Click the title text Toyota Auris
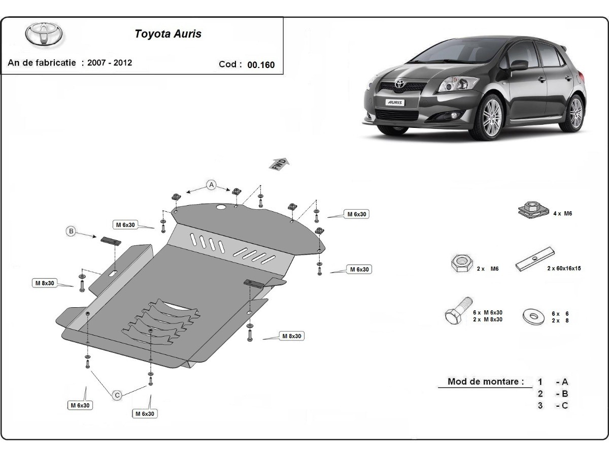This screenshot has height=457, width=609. [167, 34]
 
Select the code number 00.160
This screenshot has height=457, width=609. [261, 64]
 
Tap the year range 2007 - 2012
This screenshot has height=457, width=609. [110, 63]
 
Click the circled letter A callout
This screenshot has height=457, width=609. [211, 185]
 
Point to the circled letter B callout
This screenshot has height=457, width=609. [72, 232]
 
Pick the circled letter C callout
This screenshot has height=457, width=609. [117, 395]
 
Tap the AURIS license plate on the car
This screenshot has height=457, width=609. [395, 102]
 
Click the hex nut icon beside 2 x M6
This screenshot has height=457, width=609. [460, 264]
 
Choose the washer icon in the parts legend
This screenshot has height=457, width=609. [534, 316]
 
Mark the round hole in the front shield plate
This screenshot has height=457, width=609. [221, 208]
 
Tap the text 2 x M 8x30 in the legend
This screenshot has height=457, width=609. [488, 319]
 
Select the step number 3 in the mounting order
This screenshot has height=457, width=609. [540, 405]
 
